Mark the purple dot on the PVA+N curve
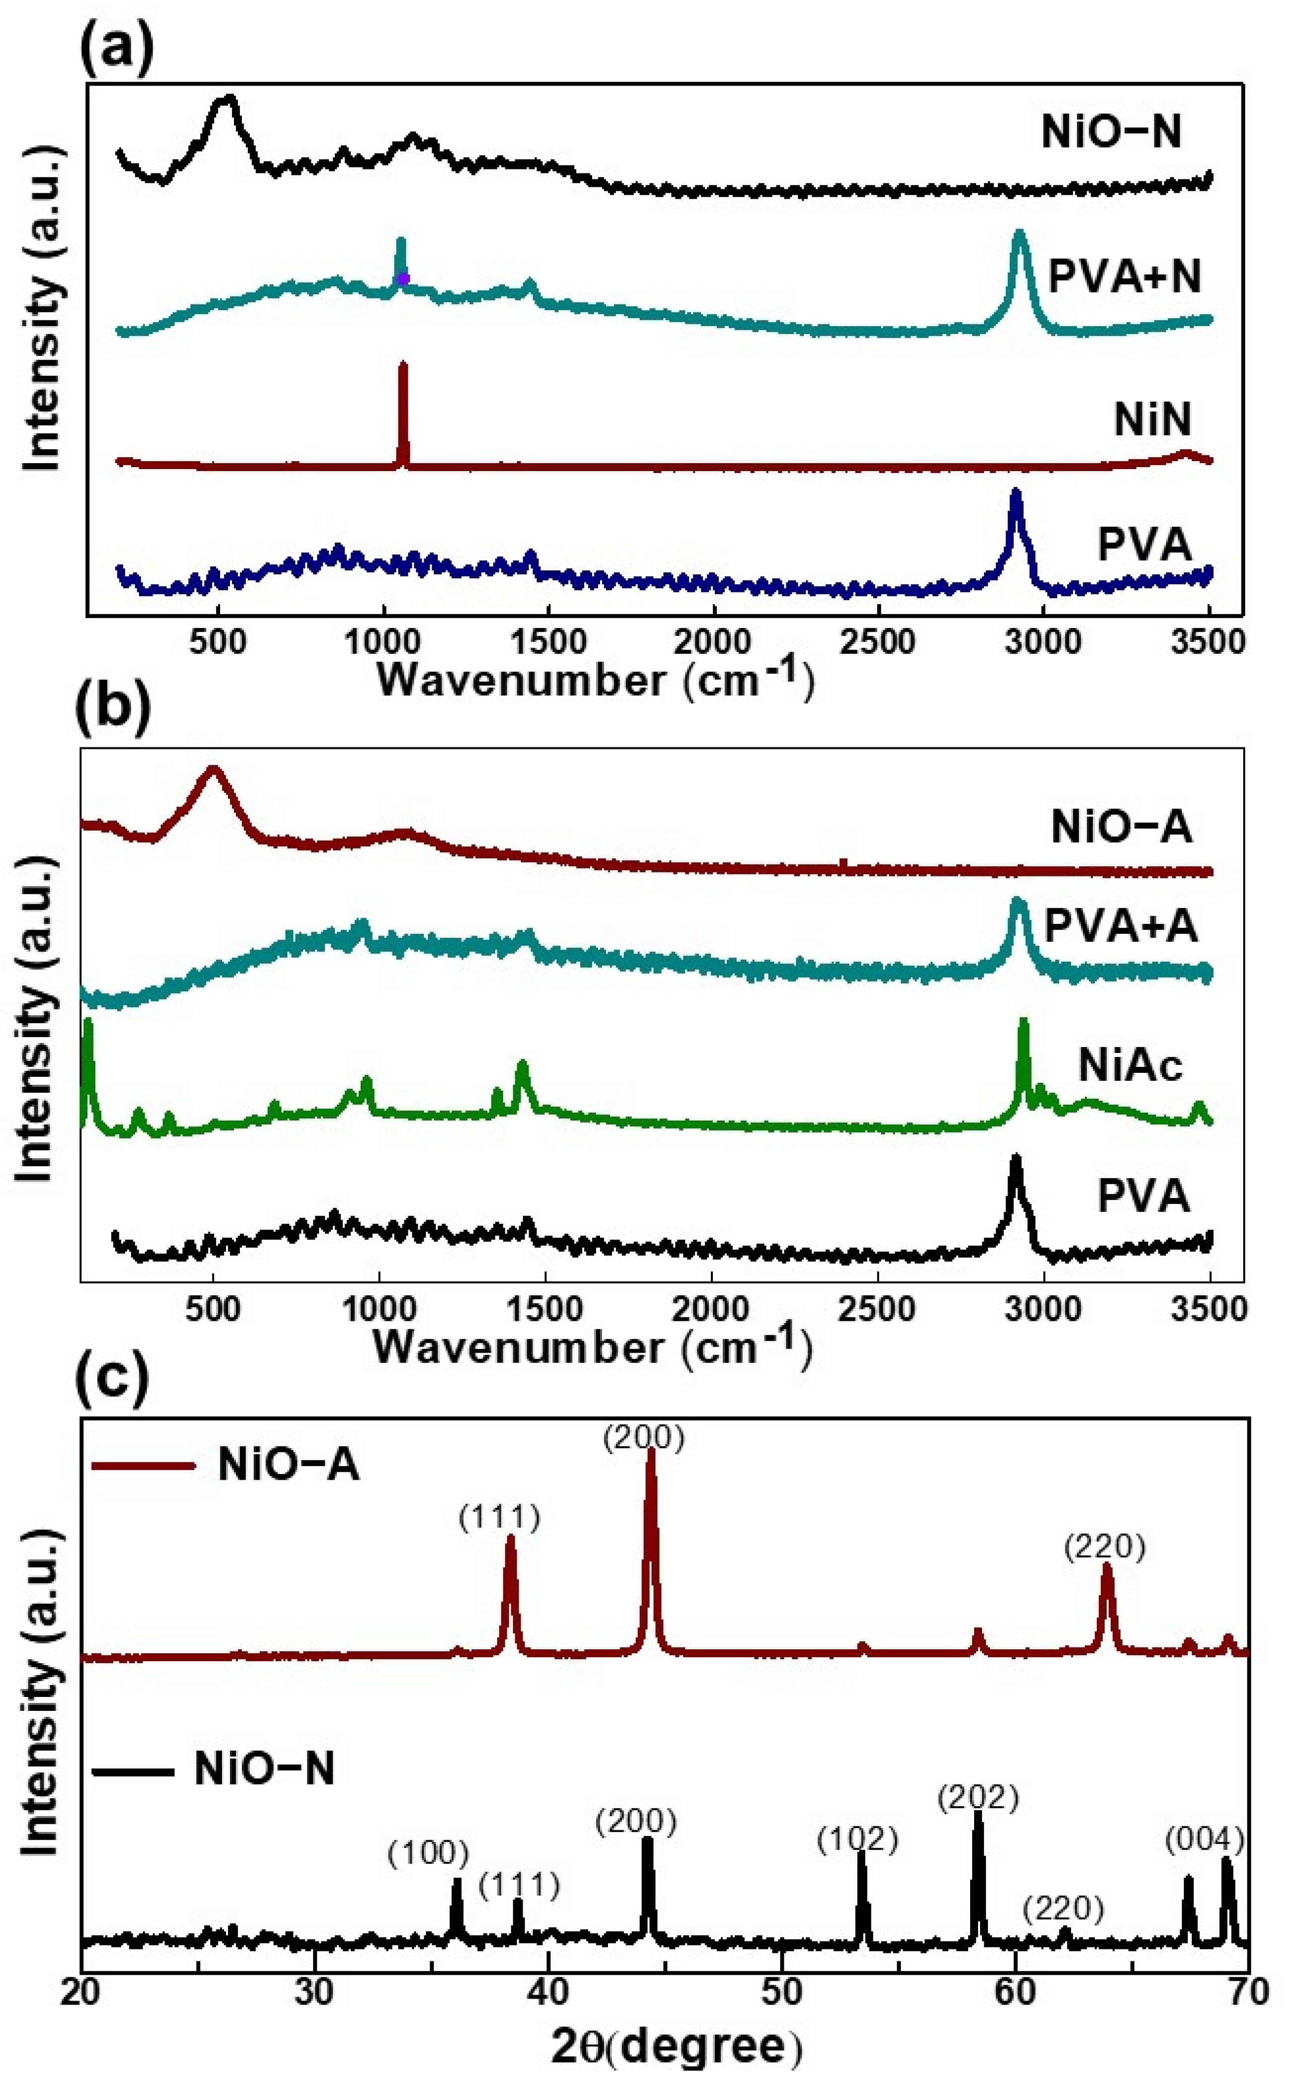tap(403, 277)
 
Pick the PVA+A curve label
tap(1120, 927)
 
